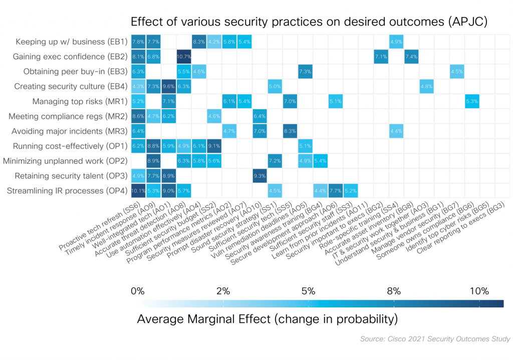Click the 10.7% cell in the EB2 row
(184, 57)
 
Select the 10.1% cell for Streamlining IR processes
(138, 190)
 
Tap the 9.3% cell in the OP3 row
(260, 176)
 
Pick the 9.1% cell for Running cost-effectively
(214, 146)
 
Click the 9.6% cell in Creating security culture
(168, 87)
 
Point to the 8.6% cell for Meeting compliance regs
(138, 116)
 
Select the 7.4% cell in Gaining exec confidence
(411, 57)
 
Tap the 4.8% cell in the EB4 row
(427, 87)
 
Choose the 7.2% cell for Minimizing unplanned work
(275, 161)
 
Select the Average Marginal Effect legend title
(267, 319)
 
